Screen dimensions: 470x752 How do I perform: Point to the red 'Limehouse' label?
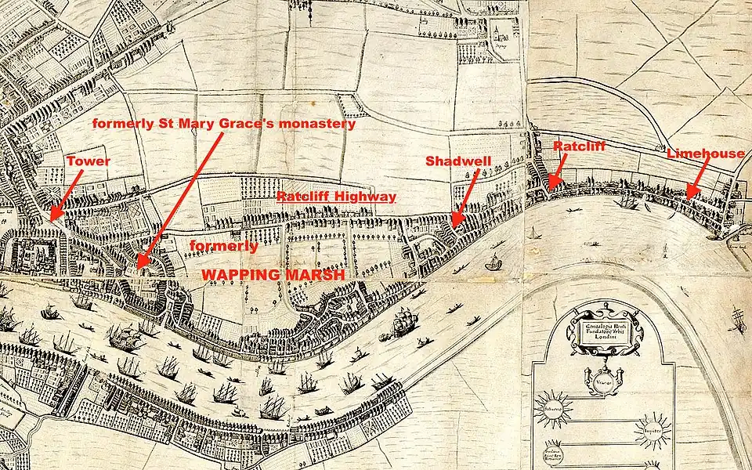coord(705,154)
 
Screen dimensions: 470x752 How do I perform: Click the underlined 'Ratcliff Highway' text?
coord(336,197)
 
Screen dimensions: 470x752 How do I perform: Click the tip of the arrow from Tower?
coord(50,219)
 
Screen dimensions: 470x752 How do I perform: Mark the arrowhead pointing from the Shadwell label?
coord(452,227)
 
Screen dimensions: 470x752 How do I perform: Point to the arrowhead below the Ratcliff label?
coord(550,186)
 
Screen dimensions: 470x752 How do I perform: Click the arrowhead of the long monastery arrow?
coord(138,267)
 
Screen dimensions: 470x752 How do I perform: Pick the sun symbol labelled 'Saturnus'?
coord(553,409)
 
